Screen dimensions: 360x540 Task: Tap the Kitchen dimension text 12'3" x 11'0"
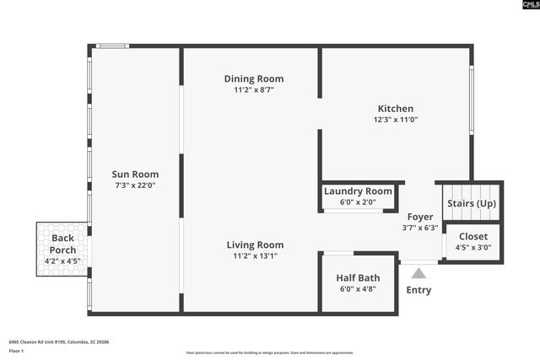click(x=395, y=120)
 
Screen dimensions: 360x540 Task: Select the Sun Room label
click(x=135, y=174)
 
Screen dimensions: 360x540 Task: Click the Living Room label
click(x=254, y=245)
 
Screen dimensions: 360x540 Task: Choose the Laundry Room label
click(x=358, y=191)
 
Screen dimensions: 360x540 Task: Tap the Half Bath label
click(x=358, y=277)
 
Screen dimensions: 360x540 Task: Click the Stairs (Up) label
click(x=472, y=204)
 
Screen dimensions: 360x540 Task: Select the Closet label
click(x=472, y=236)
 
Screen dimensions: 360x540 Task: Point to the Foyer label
click(x=419, y=217)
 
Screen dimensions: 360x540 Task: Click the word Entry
click(x=418, y=290)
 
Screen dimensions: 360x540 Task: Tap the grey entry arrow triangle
click(x=418, y=272)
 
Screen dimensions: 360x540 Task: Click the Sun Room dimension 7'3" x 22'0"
click(x=135, y=185)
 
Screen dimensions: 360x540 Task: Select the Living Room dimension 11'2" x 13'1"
click(x=254, y=256)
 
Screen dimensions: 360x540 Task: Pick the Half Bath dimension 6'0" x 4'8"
click(x=358, y=288)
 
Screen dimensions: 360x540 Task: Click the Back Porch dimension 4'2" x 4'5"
click(x=62, y=261)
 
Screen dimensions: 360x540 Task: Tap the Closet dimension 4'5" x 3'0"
click(x=472, y=248)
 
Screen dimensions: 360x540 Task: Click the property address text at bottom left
click(x=58, y=341)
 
